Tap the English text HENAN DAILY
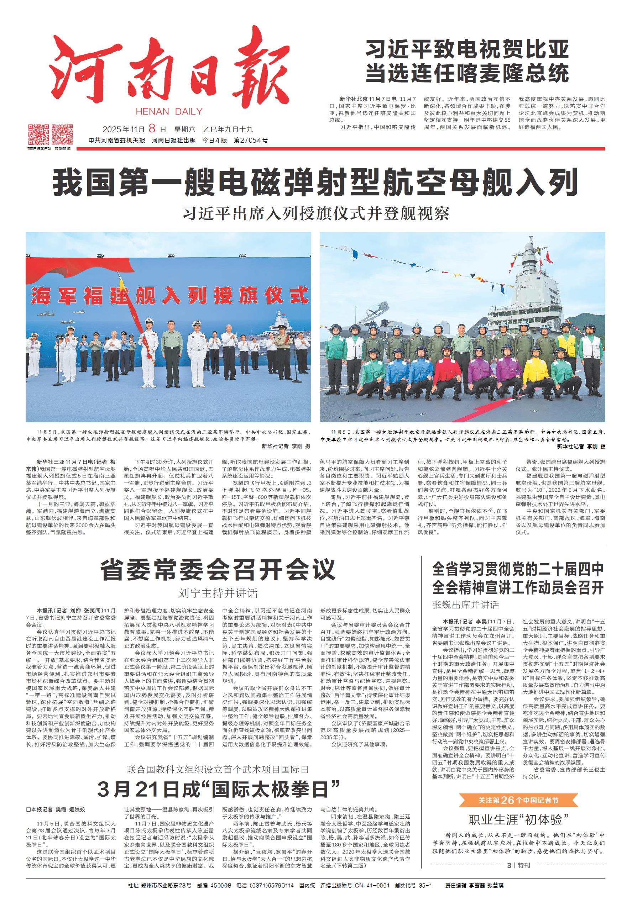[x=169, y=112]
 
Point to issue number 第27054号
[x=251, y=140]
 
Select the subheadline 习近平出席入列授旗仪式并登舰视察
[x=315, y=214]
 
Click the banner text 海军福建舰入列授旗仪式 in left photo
[x=169, y=296]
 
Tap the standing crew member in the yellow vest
[x=566, y=344]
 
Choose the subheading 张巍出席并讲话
[x=466, y=605]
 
